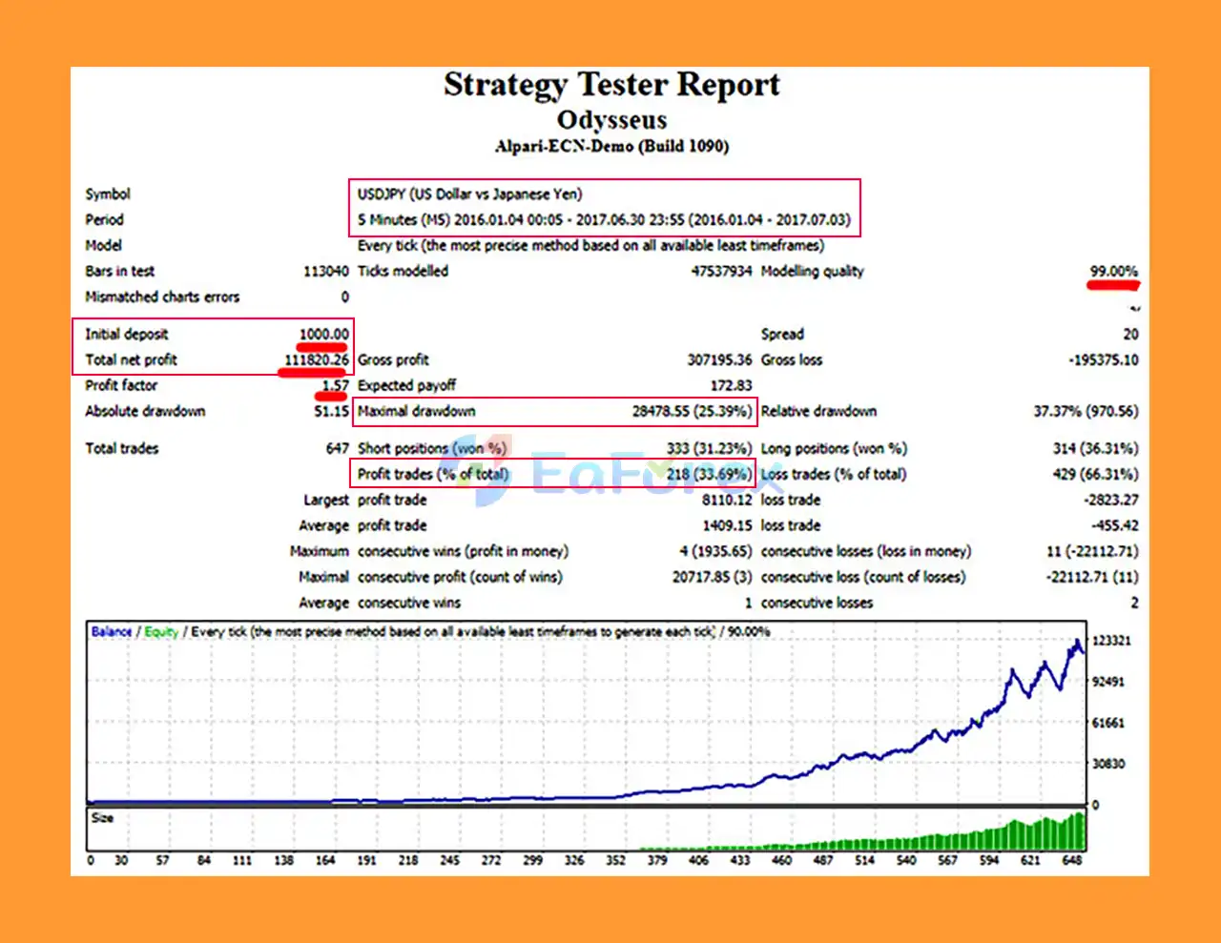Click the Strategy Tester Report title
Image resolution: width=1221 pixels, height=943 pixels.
(611, 85)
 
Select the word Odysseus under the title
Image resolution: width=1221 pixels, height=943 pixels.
(611, 120)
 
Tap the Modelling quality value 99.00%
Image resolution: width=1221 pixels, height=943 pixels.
(1113, 271)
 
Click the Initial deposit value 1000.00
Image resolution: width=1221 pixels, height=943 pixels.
(323, 334)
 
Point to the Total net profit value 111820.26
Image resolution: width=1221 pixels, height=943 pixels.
(316, 359)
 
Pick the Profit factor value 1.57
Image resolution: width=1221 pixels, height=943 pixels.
(335, 385)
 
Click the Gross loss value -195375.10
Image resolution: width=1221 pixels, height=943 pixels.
(1103, 359)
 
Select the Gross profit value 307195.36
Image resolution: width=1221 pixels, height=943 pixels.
(719, 359)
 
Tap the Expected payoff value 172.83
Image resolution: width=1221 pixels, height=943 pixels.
(731, 385)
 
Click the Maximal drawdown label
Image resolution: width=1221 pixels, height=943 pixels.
(416, 411)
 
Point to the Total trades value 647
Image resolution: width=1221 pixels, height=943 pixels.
(337, 448)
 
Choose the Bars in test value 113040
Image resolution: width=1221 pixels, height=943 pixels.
(325, 271)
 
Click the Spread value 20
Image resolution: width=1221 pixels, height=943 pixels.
(1130, 334)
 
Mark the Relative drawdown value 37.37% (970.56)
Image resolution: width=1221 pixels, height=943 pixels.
(1086, 411)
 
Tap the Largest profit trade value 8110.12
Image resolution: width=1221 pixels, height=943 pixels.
(727, 500)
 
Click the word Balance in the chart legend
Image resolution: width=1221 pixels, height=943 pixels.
(112, 631)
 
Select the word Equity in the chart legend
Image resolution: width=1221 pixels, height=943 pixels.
(161, 631)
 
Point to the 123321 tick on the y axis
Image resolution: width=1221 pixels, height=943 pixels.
(1111, 640)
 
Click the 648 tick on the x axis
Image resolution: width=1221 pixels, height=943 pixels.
(1072, 860)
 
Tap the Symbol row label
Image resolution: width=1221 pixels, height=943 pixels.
(108, 194)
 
